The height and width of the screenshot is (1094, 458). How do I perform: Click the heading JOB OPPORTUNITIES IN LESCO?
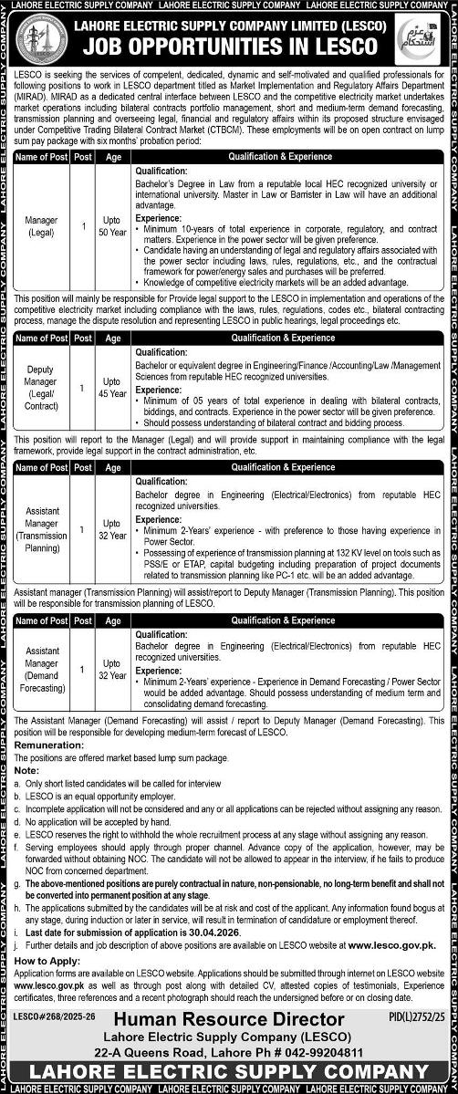(x=228, y=46)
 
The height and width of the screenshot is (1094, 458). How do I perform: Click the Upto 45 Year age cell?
(x=113, y=387)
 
